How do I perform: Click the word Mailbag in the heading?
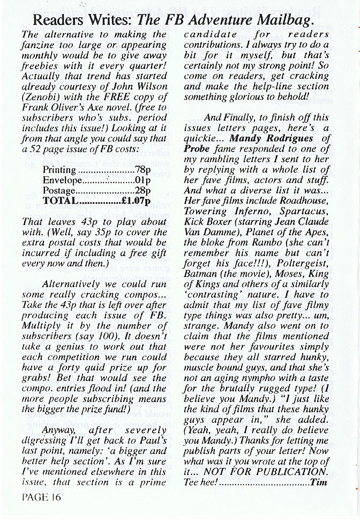pos(280,21)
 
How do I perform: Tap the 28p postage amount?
pos(141,190)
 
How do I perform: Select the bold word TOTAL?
pos(60,201)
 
